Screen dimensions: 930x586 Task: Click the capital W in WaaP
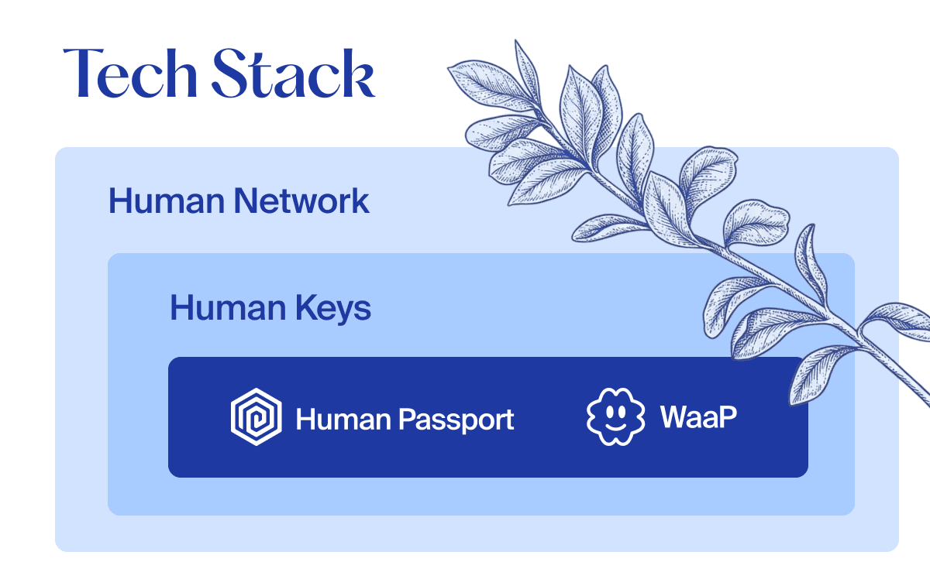click(675, 418)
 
